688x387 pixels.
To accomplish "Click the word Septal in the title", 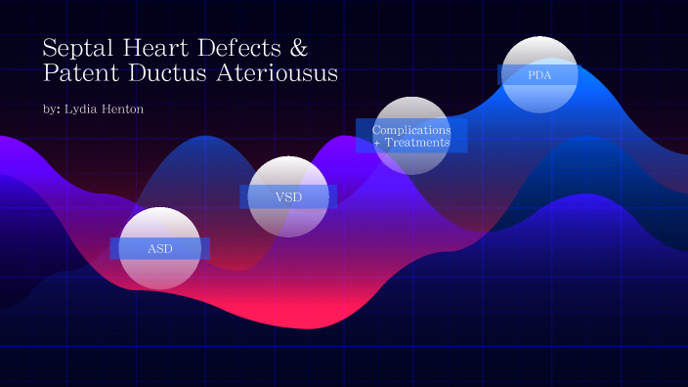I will [x=74, y=48].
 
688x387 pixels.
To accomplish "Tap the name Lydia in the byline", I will [x=81, y=109].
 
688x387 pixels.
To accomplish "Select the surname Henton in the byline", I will [x=122, y=109].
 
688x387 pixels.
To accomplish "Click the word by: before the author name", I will [x=52, y=109].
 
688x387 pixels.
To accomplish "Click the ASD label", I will [x=159, y=249].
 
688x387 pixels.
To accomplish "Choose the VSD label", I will [x=288, y=197].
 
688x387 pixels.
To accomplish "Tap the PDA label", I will [x=538, y=75].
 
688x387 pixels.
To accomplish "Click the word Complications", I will [x=411, y=130].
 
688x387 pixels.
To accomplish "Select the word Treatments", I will [x=417, y=143].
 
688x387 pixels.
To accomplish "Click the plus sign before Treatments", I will [x=377, y=144].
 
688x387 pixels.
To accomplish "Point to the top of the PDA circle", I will [x=538, y=39].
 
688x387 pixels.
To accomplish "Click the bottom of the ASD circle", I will [x=159, y=287].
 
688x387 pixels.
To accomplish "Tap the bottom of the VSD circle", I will [x=288, y=236].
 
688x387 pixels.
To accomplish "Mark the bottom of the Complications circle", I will [x=411, y=173].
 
